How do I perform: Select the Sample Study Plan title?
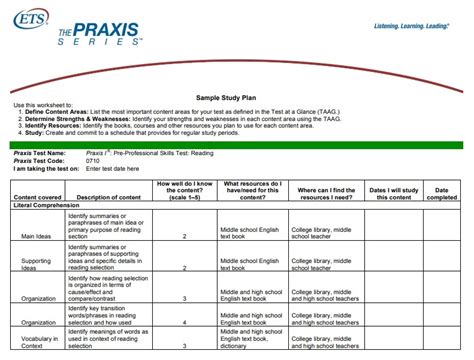(x=237, y=88)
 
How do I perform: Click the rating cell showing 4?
(x=186, y=322)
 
